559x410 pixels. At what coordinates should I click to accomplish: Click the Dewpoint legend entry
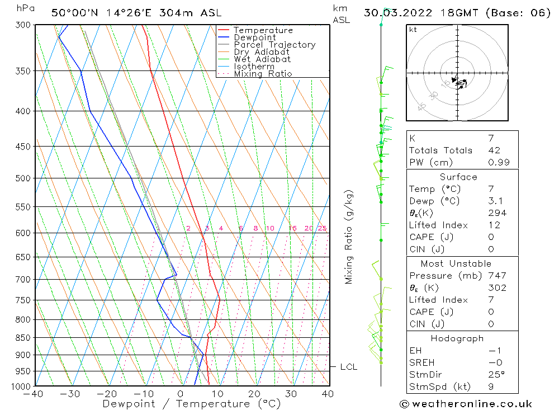pos(254,37)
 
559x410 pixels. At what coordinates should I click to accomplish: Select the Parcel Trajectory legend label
pos(274,45)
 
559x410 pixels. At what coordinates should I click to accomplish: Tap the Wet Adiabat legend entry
pos(262,59)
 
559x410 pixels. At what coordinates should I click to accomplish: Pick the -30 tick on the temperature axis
pos(70,394)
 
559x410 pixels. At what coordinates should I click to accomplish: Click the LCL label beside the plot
pos(348,367)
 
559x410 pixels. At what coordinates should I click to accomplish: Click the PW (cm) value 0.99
pos(499,163)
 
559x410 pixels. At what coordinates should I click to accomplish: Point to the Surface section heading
pos(458,177)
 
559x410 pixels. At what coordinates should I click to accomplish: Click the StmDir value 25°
pos(495,375)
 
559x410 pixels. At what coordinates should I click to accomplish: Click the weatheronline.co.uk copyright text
pos(466,404)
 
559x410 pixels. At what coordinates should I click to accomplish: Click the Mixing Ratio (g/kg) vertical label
pos(349,237)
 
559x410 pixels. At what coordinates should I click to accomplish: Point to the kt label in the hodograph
pos(413,30)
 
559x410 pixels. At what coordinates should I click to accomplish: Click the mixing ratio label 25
pos(322,228)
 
